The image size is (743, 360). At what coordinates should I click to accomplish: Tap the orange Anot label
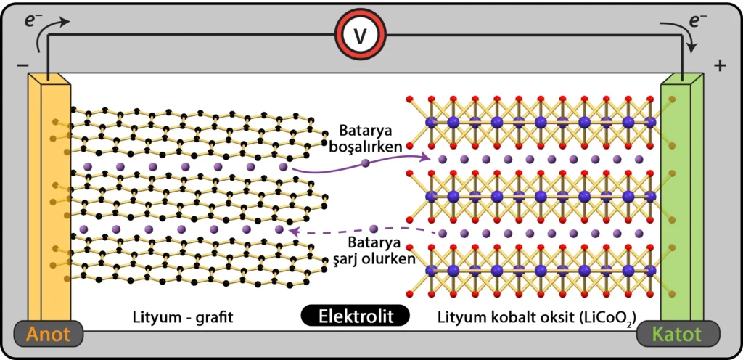tap(49, 335)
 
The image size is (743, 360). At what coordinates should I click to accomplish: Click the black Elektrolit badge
tap(356, 316)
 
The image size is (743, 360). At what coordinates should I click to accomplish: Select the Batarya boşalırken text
tap(371, 137)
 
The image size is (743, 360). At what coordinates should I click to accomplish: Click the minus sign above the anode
tap(22, 66)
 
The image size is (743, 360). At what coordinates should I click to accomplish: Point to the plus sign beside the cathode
tap(719, 66)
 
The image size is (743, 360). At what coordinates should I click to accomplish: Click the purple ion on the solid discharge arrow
tap(365, 164)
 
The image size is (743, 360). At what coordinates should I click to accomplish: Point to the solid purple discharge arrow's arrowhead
tap(425, 155)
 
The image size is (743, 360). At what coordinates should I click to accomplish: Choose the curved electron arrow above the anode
tap(57, 24)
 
